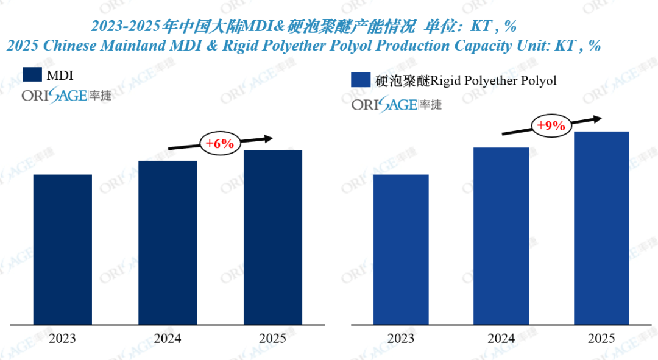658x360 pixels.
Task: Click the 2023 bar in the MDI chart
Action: pos(63,249)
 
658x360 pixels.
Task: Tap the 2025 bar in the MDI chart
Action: pos(272,237)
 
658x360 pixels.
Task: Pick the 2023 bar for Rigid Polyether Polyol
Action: pos(401,249)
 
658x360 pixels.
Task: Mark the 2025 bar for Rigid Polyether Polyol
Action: pos(601,228)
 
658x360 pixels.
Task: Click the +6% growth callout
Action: pos(220,144)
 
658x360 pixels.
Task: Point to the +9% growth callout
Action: pos(551,126)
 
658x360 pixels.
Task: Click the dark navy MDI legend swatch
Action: pos(32,74)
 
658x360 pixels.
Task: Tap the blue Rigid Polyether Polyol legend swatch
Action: pos(361,80)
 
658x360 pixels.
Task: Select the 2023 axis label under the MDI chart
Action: pos(62,338)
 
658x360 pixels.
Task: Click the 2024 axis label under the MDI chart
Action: pos(168,338)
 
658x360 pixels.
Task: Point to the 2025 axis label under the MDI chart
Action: pos(272,338)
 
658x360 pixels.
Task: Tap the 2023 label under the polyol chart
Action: pos(401,338)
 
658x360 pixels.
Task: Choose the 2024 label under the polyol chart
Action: pos(501,338)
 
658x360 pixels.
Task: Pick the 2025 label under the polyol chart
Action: pos(601,338)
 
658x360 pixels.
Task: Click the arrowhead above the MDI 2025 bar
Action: pos(267,138)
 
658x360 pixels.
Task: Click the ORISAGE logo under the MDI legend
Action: pos(67,95)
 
